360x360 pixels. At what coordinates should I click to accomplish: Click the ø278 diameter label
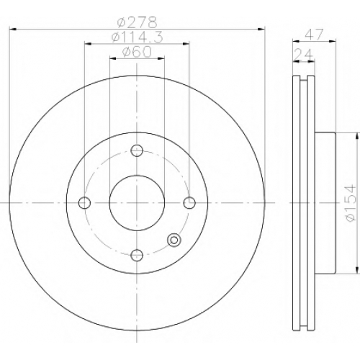tap(137, 22)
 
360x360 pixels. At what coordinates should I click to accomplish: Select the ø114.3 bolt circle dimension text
tap(138, 37)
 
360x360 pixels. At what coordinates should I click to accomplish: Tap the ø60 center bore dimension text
tap(137, 52)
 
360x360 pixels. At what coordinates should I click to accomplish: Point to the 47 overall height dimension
tap(315, 35)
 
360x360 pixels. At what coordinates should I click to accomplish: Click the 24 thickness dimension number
tap(304, 55)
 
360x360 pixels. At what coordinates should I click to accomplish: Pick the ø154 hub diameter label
tap(349, 203)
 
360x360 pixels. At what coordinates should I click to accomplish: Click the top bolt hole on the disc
tap(137, 150)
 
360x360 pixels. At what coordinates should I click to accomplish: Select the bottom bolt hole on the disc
tap(137, 255)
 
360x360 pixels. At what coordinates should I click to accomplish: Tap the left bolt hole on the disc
tap(84, 203)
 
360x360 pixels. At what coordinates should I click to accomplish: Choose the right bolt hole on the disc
tap(189, 203)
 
